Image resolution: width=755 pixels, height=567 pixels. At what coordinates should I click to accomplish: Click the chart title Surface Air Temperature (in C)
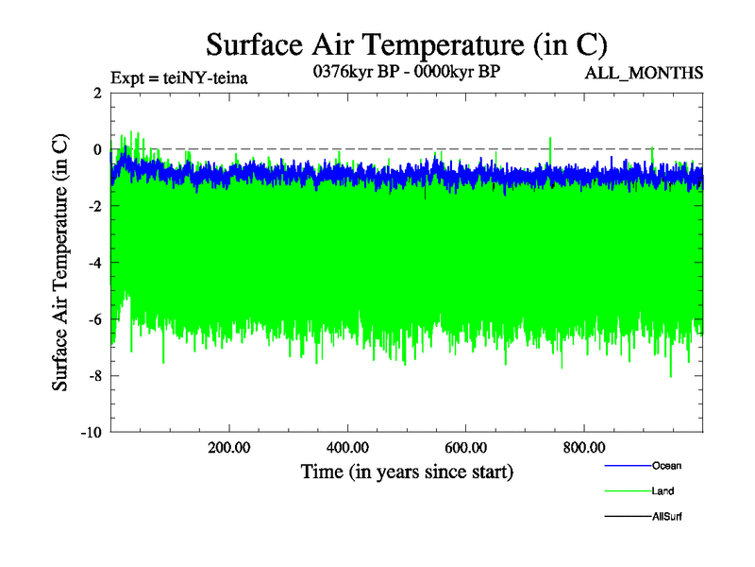click(x=407, y=44)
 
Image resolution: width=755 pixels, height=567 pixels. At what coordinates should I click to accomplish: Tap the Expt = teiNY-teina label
click(x=179, y=77)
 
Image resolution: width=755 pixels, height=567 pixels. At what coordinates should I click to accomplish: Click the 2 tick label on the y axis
click(x=97, y=93)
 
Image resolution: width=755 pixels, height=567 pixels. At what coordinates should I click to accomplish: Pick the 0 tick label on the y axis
click(x=97, y=149)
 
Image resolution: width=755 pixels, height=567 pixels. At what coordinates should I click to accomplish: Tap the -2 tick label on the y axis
click(x=94, y=206)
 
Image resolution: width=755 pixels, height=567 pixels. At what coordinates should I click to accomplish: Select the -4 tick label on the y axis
click(x=94, y=263)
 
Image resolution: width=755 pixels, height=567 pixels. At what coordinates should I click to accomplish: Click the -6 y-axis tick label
click(x=94, y=319)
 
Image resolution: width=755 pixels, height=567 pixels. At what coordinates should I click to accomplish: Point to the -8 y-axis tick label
click(x=94, y=376)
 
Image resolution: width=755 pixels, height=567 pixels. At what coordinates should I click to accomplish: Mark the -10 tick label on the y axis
click(x=91, y=433)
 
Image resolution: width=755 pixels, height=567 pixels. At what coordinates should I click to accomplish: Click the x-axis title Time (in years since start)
click(x=407, y=471)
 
